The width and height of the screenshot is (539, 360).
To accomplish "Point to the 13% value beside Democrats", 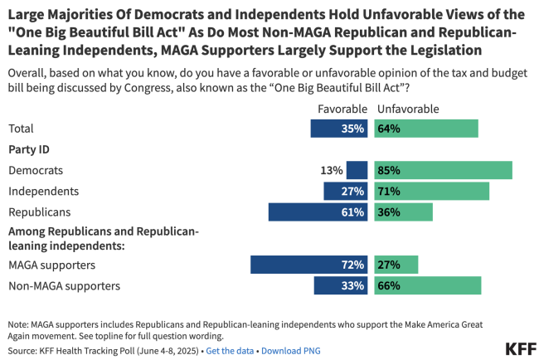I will pyautogui.click(x=332, y=170).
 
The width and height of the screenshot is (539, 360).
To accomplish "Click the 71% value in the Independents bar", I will pyautogui.click(x=389, y=191).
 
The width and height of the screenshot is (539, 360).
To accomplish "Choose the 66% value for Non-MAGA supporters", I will pyautogui.click(x=389, y=285).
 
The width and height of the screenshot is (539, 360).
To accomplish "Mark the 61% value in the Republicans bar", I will pyautogui.click(x=352, y=212).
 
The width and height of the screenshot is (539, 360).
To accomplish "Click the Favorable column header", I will pyautogui.click(x=342, y=109).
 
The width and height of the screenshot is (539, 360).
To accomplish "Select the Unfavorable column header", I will pyautogui.click(x=408, y=109).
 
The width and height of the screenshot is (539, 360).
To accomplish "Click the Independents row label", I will pyautogui.click(x=43, y=191).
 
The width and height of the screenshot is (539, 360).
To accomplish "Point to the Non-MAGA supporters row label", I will pyautogui.click(x=64, y=285).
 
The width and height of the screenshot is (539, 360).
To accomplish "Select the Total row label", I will pyautogui.click(x=22, y=129).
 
